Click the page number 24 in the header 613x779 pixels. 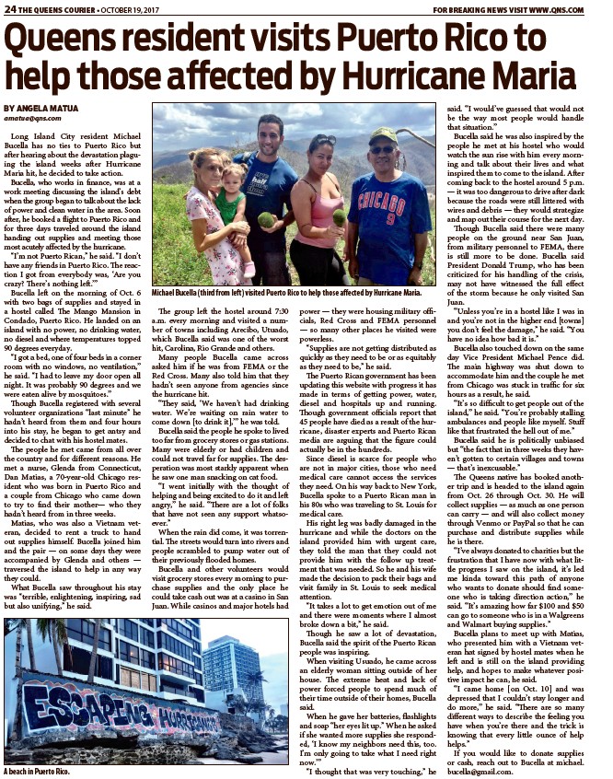[12, 8]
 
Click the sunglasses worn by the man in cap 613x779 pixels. [383, 150]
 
